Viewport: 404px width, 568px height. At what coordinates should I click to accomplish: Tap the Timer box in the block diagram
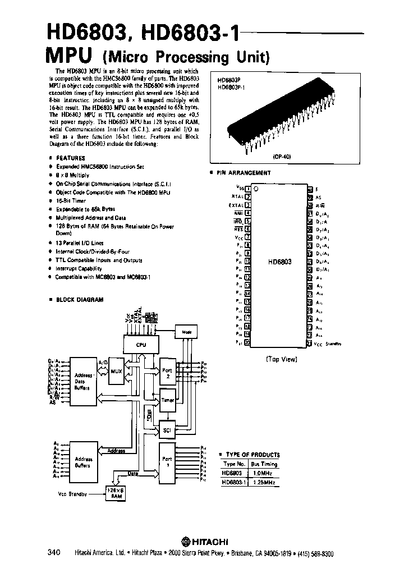pyautogui.click(x=167, y=401)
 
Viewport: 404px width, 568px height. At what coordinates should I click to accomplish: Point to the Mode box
pyautogui.click(x=186, y=332)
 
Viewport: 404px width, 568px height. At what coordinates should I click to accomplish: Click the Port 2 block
pyautogui.click(x=167, y=374)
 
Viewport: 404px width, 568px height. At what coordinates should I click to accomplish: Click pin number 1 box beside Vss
pyautogui.click(x=247, y=189)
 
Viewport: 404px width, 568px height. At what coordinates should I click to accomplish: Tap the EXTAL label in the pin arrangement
pyautogui.click(x=236, y=205)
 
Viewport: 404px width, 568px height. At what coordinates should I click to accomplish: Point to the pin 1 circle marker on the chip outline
pyautogui.click(x=256, y=190)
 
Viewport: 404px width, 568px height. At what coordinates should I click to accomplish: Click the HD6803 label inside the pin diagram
pyautogui.click(x=279, y=262)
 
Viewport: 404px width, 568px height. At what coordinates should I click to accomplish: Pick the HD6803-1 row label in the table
pyautogui.click(x=234, y=482)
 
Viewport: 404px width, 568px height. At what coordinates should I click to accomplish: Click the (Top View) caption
pyautogui.click(x=281, y=359)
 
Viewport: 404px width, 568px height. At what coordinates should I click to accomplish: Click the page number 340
pyautogui.click(x=54, y=553)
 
